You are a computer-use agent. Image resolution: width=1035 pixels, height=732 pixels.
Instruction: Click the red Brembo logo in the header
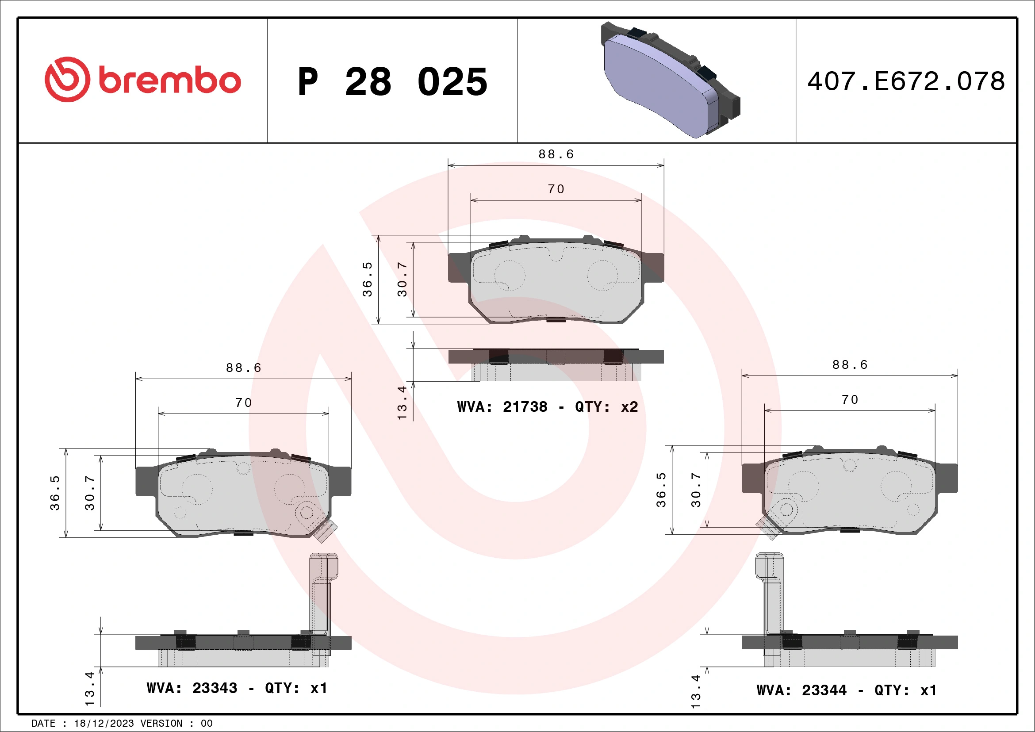(x=142, y=80)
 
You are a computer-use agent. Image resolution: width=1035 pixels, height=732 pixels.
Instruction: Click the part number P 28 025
(x=392, y=82)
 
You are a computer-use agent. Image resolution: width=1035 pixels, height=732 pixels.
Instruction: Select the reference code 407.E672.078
(x=906, y=81)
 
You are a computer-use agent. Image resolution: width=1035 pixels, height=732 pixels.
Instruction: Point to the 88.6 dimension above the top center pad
(x=556, y=155)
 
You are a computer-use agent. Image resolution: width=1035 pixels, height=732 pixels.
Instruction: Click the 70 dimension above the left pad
(x=243, y=402)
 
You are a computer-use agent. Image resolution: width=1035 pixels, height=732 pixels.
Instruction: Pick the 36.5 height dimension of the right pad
(x=661, y=490)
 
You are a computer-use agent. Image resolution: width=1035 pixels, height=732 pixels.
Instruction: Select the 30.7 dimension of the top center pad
(x=402, y=280)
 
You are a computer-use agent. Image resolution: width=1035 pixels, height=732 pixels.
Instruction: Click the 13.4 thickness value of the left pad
(x=89, y=689)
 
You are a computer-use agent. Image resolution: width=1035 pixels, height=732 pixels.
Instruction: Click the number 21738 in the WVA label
(x=525, y=407)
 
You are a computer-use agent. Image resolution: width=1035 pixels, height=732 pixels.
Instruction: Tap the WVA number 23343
(x=215, y=688)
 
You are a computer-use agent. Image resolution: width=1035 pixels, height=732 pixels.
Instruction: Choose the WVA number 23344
(x=824, y=690)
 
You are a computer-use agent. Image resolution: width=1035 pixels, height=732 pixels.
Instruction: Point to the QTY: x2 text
(x=606, y=407)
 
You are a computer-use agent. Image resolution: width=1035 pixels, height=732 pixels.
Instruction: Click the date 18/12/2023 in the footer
(x=103, y=724)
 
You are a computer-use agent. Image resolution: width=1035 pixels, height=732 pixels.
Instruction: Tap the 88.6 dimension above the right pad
(x=850, y=364)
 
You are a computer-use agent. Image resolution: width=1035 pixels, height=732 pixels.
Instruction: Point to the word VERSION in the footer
(x=161, y=724)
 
